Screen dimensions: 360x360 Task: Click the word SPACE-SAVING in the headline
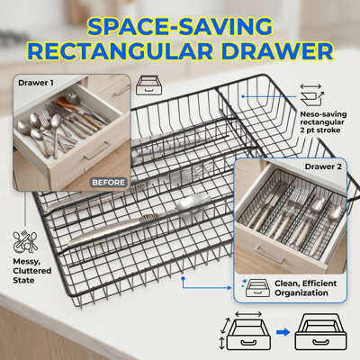coord(180,27)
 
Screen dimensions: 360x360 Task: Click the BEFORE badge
coord(108,183)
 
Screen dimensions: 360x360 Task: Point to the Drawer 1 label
coord(36,83)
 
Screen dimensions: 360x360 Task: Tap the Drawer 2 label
coord(323,166)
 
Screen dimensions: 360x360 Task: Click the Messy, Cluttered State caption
coord(32,271)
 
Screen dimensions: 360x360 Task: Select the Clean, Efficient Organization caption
coord(305,288)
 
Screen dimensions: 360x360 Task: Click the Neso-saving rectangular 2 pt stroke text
coord(323,122)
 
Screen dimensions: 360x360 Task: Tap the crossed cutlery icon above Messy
coord(25,241)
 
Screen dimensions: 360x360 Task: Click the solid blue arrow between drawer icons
coord(283,332)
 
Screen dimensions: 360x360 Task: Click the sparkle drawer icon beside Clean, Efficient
coord(255,288)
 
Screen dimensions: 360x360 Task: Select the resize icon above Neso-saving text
coord(311,95)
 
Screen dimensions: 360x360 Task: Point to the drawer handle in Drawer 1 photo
coord(97,151)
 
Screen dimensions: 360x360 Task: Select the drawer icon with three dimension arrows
coord(245,331)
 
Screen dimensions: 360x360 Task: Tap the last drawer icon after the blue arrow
coord(320,332)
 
